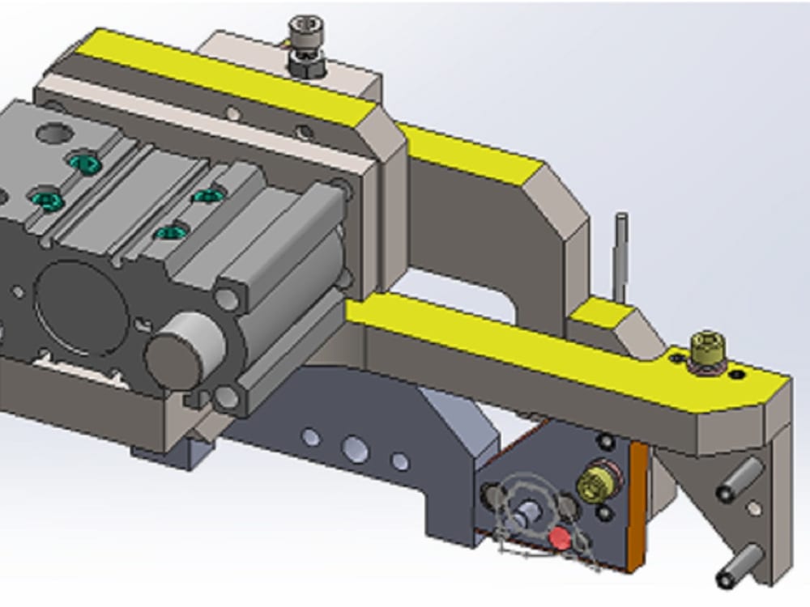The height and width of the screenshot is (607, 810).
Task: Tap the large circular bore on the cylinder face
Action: [x=81, y=308]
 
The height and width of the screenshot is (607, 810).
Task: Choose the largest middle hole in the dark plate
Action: [x=355, y=448]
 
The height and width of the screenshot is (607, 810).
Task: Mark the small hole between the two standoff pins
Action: [x=754, y=508]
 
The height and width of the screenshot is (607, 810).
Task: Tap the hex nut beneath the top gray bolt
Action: [x=307, y=64]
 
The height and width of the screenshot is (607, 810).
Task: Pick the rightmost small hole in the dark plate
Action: [x=399, y=461]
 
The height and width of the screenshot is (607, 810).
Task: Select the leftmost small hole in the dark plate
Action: [x=310, y=438]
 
